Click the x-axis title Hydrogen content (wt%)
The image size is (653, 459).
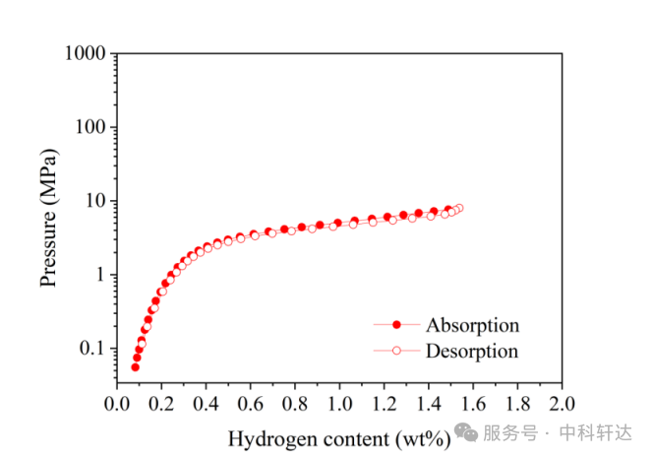point(339,437)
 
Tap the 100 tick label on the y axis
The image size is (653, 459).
point(89,127)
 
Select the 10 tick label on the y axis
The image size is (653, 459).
point(94,201)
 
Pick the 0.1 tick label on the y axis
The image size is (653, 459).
point(92,348)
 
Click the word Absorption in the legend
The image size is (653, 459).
point(472,325)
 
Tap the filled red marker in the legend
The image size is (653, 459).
point(397,324)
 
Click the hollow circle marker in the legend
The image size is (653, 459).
point(397,350)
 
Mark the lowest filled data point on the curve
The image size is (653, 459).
point(136,367)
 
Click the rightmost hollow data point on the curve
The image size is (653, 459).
point(458,208)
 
